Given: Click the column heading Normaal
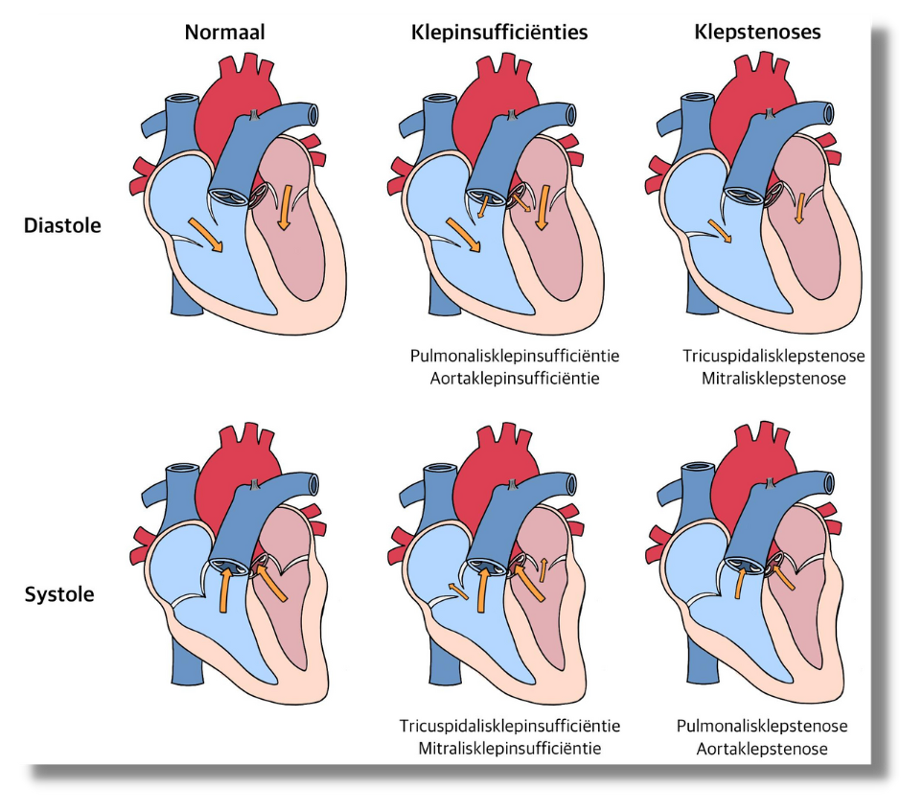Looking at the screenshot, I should [x=225, y=33].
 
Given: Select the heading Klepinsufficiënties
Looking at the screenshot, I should [x=499, y=33].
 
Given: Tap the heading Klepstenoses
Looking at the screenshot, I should [x=757, y=33].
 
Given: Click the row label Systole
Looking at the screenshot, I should [x=59, y=594].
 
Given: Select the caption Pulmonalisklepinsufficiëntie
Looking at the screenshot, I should [x=515, y=356].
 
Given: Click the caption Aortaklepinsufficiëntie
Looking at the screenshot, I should [x=515, y=379].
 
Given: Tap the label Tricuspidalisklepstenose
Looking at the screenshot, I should [x=774, y=356].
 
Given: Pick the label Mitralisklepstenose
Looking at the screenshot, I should [x=774, y=379].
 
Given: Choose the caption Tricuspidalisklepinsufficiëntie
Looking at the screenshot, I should [x=510, y=725].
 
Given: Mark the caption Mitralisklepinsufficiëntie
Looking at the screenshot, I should [x=510, y=748].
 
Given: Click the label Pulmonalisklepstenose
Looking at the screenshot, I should [x=762, y=725].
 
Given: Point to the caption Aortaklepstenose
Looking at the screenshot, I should [x=762, y=748].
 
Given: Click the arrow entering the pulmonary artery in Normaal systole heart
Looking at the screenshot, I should [x=225, y=590].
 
